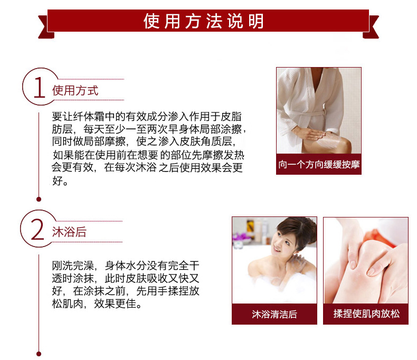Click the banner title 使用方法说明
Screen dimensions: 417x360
point(203,21)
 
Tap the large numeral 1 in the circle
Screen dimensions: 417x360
point(40,88)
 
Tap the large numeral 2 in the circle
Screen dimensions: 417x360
point(37,230)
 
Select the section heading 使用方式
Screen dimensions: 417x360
point(75,90)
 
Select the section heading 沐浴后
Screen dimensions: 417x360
point(69,232)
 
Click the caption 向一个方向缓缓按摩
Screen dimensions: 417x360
point(319,165)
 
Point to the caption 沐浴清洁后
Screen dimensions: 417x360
point(274,314)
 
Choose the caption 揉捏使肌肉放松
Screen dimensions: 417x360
point(366,314)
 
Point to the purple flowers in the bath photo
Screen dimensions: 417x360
point(241,236)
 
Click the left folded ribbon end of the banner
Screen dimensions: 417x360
point(46,27)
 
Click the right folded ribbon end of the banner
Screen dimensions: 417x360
point(371,27)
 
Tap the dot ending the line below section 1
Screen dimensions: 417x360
point(39,199)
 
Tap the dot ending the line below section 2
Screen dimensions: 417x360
point(39,354)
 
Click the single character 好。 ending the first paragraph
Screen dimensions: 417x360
point(60,181)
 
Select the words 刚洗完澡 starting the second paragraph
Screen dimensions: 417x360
point(73,266)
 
